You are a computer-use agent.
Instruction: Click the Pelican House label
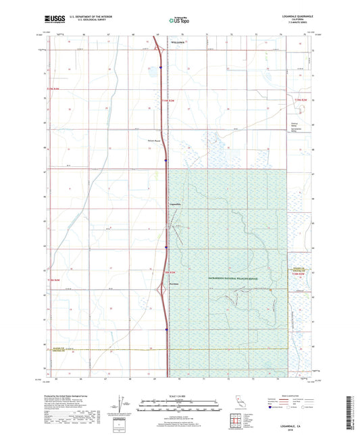pyautogui.click(x=155, y=140)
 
